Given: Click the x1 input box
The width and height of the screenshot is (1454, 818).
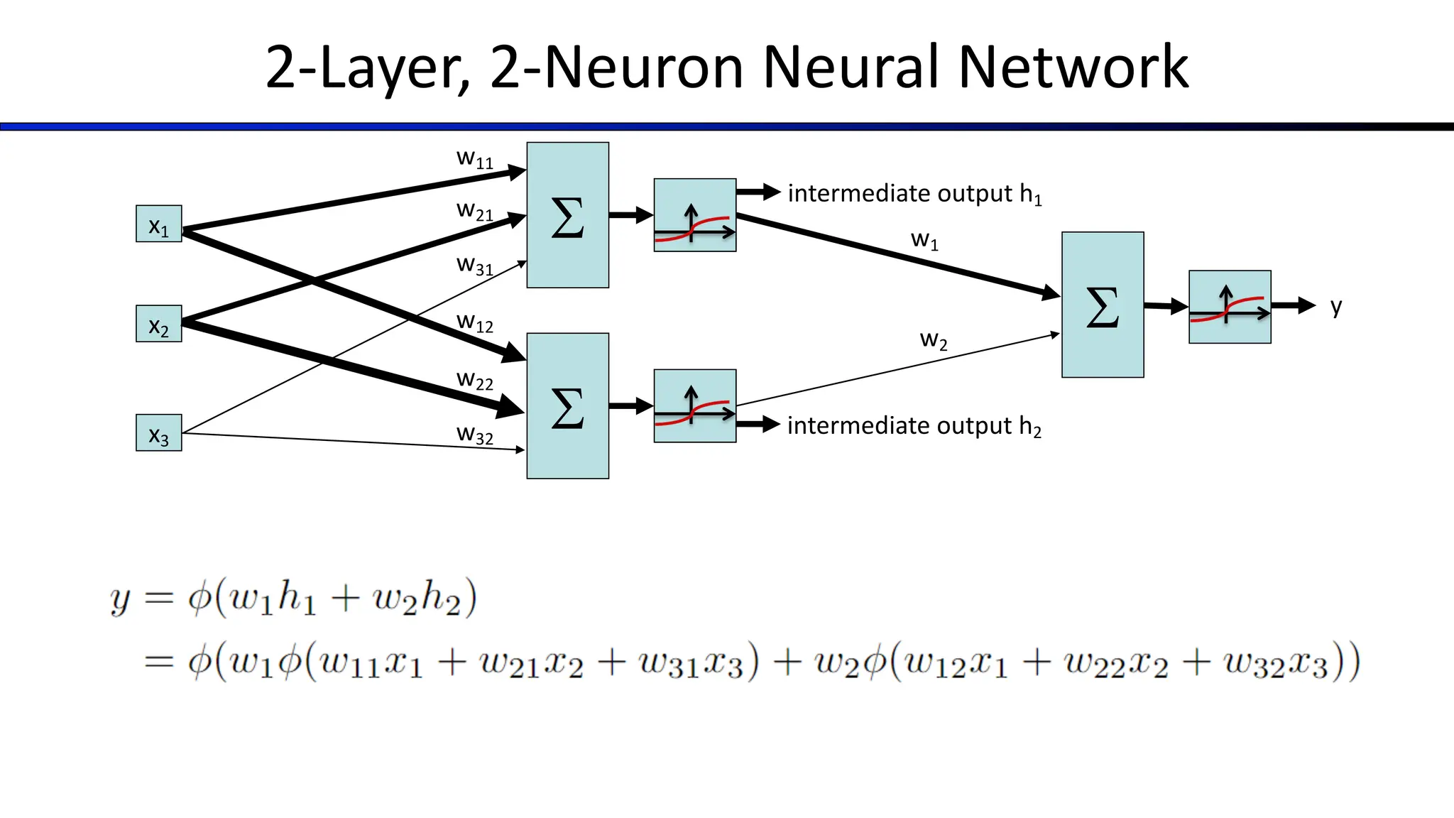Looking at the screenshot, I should tap(158, 224).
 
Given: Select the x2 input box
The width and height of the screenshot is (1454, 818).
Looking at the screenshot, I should tap(158, 324).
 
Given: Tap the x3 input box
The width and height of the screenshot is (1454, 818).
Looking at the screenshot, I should tap(158, 433).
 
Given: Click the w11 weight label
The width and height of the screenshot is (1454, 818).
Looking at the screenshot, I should tap(474, 158).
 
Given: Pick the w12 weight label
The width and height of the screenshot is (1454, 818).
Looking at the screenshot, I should tap(474, 323).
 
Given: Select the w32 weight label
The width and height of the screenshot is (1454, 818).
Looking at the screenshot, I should tap(474, 435).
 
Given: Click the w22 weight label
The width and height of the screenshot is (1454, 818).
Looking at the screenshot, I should tap(474, 381).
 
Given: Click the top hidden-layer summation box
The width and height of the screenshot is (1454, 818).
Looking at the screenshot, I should tap(567, 215).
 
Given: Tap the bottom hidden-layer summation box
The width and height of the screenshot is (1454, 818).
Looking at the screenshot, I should tap(567, 406).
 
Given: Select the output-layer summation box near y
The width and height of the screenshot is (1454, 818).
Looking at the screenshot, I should tap(1103, 305).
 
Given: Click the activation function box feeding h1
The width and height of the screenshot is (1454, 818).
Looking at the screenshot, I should tap(694, 215).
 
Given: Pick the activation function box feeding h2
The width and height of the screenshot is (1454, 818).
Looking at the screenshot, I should tap(694, 406).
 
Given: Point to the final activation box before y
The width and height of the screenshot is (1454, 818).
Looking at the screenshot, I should tap(1230, 307).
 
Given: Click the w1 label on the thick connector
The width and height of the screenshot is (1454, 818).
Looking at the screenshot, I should tap(924, 240).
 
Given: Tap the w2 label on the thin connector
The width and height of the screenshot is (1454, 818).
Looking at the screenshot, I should tap(934, 340).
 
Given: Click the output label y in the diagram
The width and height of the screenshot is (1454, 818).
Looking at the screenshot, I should tap(1336, 307).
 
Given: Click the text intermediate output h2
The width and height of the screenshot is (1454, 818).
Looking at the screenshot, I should tap(914, 426).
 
